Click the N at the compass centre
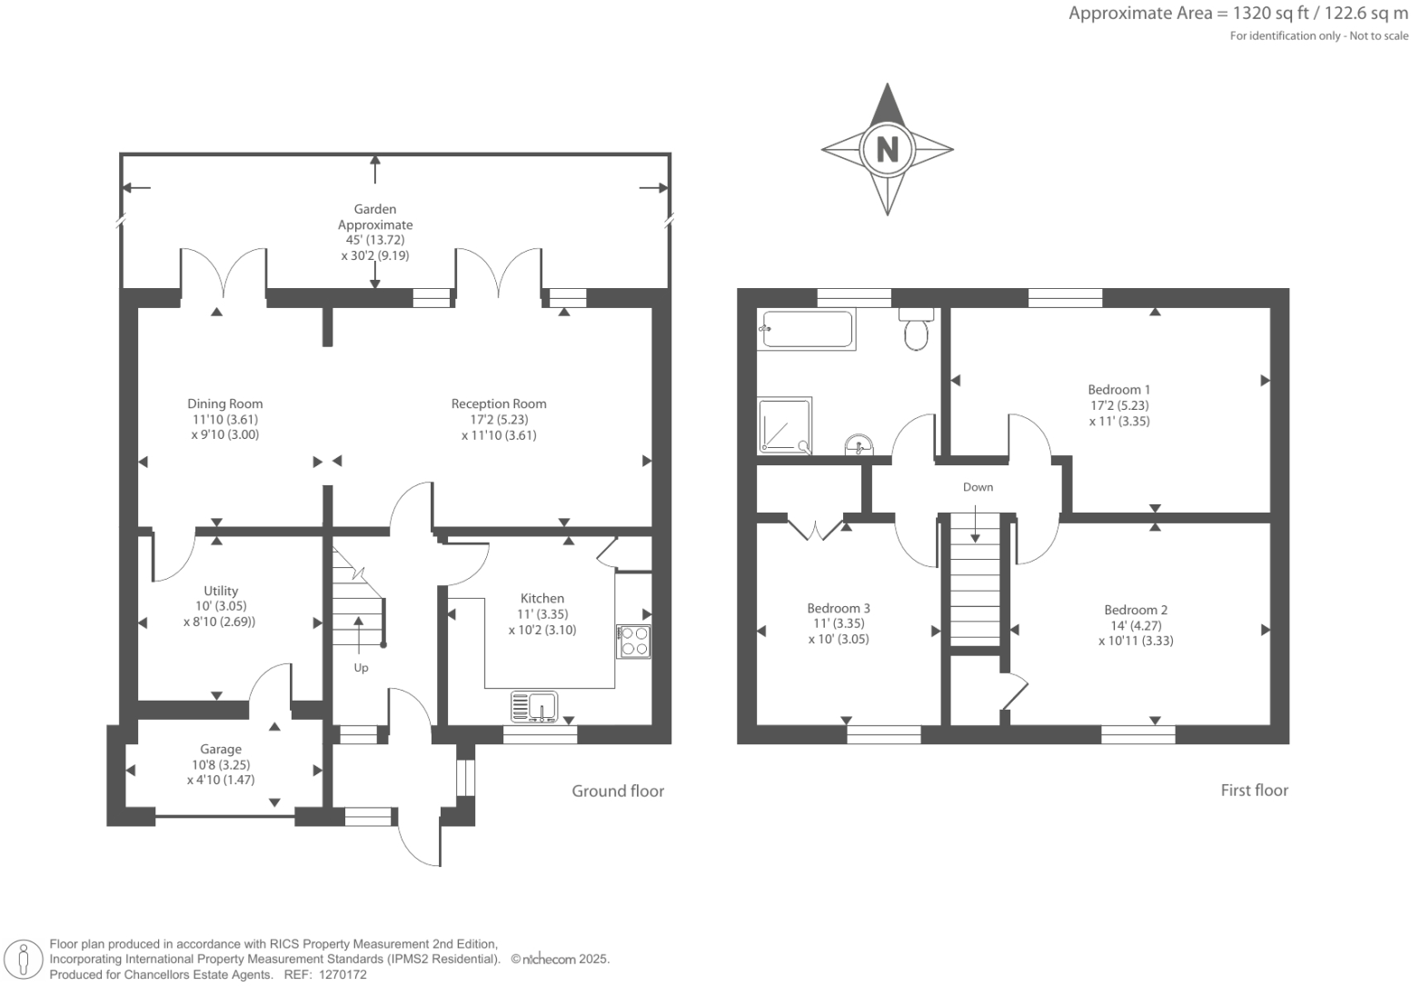(x=887, y=148)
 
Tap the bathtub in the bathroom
(x=808, y=329)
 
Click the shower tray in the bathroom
(x=784, y=425)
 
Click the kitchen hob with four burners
(x=634, y=642)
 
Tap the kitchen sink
(x=535, y=706)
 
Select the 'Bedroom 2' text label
(x=1136, y=610)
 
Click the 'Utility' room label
(x=221, y=591)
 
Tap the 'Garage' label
(x=221, y=749)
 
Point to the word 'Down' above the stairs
(x=978, y=487)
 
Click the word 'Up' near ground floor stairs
(x=361, y=667)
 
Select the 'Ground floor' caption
(x=618, y=791)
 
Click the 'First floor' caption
(x=1254, y=790)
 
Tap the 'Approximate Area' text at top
(x=1139, y=13)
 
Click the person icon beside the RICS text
(x=25, y=960)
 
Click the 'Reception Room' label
(x=499, y=403)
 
